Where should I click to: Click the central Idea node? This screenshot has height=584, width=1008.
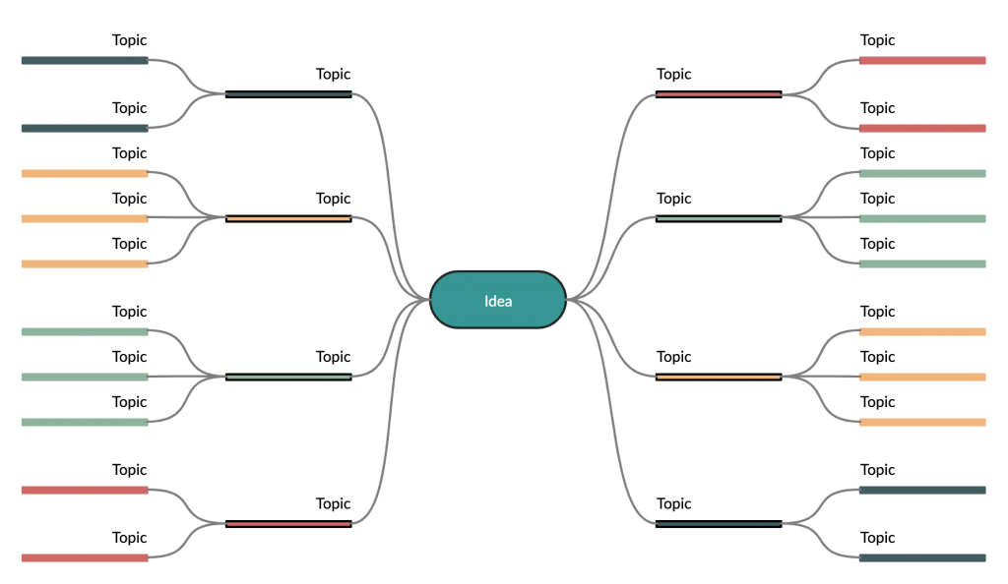click(498, 300)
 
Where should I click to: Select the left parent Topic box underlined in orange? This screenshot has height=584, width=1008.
click(287, 198)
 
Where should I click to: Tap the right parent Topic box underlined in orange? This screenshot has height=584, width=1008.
click(719, 357)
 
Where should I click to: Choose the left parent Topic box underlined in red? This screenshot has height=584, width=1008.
click(287, 503)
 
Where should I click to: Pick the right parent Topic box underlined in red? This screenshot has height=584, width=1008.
click(719, 74)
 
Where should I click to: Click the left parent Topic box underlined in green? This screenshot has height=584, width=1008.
click(287, 356)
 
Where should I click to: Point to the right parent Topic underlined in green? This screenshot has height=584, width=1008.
click(719, 198)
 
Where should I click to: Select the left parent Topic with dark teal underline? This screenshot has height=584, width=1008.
click(287, 74)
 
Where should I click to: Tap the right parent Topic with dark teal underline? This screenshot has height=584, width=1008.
click(719, 503)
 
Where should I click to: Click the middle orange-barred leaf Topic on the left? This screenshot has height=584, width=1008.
click(85, 199)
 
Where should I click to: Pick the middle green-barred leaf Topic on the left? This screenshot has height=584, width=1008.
click(85, 357)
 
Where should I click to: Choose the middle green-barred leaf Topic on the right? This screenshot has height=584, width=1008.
click(921, 199)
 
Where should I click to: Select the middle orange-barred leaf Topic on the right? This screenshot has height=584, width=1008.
click(921, 357)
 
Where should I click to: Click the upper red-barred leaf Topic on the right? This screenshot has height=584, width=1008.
click(921, 40)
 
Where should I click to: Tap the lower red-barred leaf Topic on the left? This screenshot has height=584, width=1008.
click(85, 538)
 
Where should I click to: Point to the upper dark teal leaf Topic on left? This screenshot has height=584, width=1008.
click(85, 40)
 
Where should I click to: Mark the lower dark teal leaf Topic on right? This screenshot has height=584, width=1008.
click(921, 538)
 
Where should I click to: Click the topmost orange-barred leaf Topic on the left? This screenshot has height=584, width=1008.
click(85, 153)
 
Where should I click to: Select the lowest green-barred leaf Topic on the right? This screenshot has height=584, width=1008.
click(921, 244)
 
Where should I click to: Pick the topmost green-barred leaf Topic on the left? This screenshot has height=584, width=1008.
click(85, 312)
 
